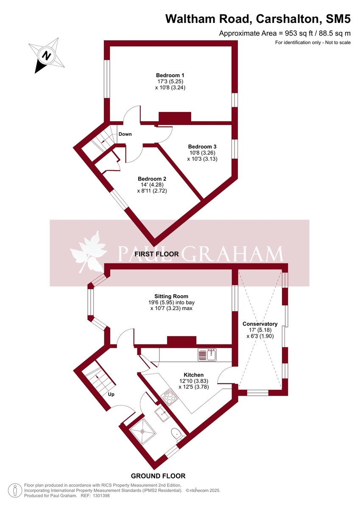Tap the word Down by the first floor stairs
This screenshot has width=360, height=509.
coord(125,134)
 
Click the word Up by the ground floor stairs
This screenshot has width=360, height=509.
coord(112,394)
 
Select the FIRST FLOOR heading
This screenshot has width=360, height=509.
coord(156,254)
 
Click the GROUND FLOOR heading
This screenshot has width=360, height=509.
coord(158,476)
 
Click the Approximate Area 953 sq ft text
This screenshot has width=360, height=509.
coord(285,33)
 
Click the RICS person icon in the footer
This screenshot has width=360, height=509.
coord(15,490)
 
